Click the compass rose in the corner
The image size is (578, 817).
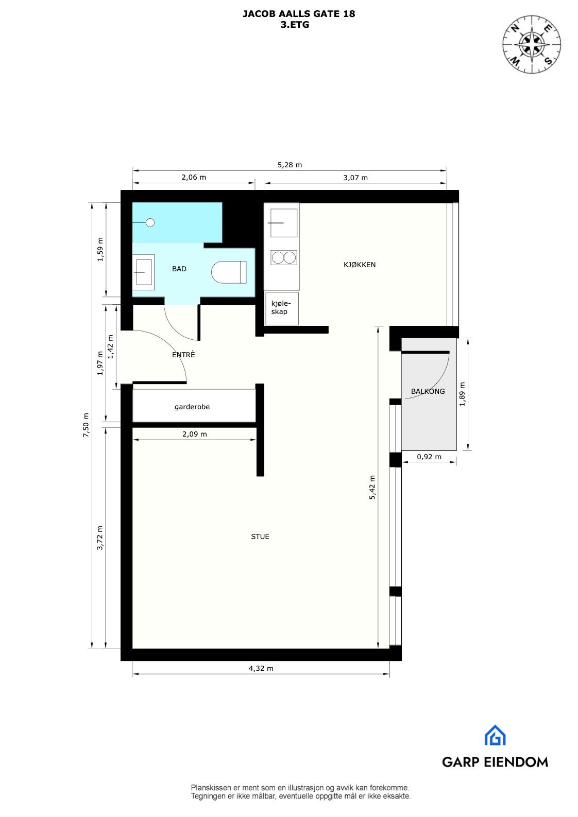(x=532, y=42)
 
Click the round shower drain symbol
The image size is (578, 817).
(x=150, y=222)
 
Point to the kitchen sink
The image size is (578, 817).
(x=283, y=223)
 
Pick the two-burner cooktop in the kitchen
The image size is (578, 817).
(x=284, y=257)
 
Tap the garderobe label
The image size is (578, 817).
(x=192, y=407)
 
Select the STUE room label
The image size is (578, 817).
(x=260, y=536)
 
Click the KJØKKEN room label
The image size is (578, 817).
(x=360, y=265)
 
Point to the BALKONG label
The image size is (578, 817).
(x=428, y=391)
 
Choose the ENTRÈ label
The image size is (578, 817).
(x=183, y=355)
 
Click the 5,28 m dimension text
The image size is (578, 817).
(x=290, y=165)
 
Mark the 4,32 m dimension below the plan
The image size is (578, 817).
(x=261, y=668)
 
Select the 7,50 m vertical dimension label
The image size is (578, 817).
(x=86, y=425)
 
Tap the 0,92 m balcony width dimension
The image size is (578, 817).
(x=429, y=457)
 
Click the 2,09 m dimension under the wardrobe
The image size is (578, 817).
(x=194, y=434)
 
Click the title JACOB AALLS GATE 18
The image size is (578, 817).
(x=299, y=14)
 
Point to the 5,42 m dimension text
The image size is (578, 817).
(x=372, y=488)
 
